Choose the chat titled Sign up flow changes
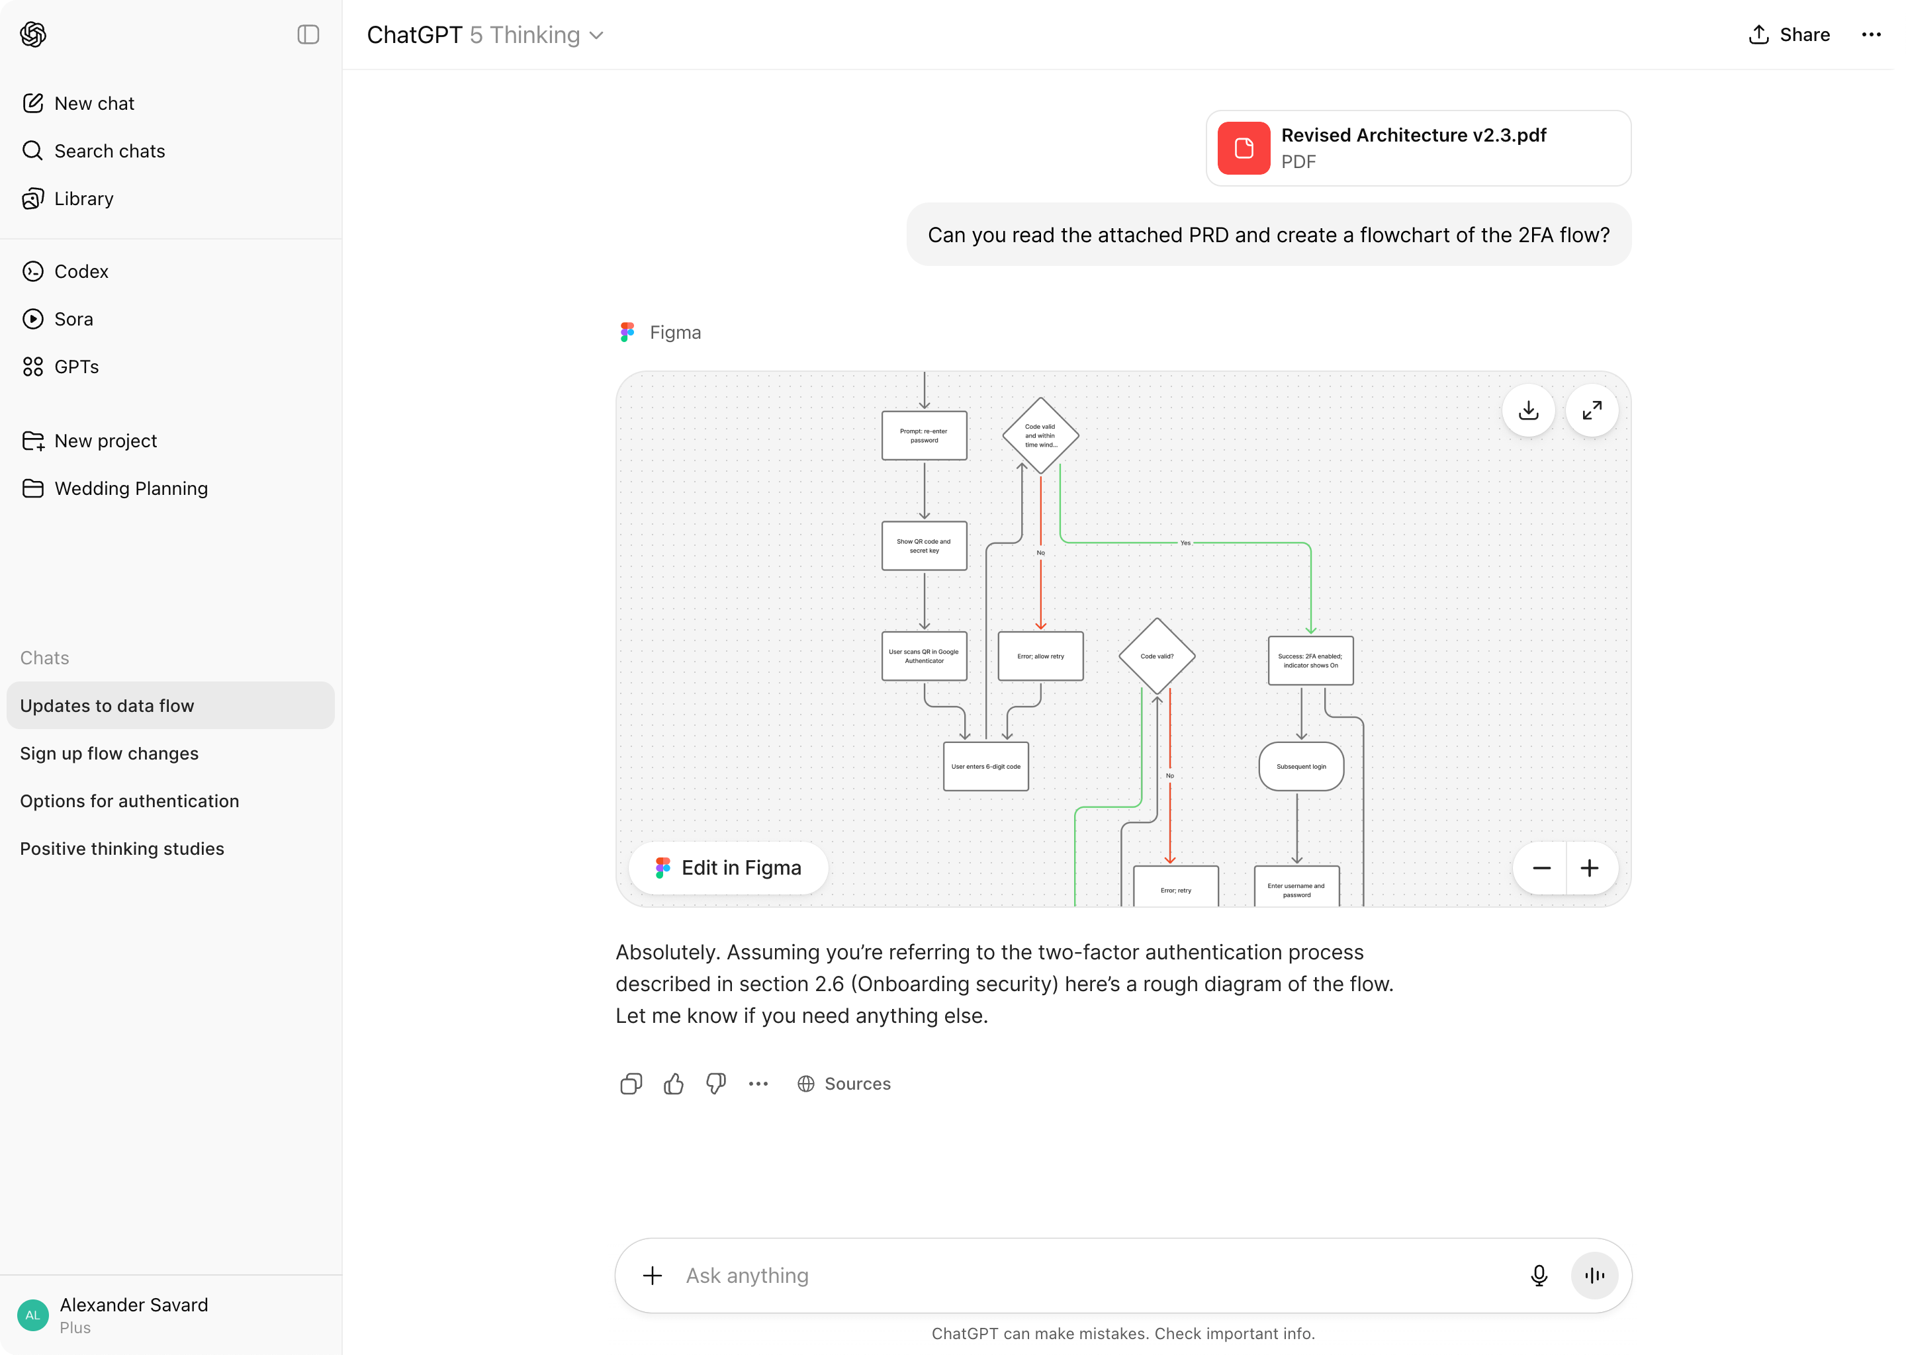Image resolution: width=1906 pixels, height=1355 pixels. coord(109,754)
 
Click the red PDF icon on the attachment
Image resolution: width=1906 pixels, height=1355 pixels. coord(1244,148)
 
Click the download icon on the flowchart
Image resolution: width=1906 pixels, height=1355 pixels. coord(1528,410)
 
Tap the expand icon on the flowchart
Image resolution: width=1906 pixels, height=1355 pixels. coord(1592,410)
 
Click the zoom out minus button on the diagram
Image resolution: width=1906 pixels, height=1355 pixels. coord(1541,869)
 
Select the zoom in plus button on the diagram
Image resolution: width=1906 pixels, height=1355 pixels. coord(1590,869)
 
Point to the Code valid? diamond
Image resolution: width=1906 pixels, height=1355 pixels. coord(1157,656)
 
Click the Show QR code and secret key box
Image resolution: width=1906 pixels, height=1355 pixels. coord(924,546)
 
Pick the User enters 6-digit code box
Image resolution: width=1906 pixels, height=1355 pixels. coord(985,767)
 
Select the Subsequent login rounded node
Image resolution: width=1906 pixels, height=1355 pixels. coord(1301,767)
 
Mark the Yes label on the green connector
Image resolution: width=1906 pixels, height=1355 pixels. coord(1185,543)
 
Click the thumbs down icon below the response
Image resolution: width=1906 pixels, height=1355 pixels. coord(716,1084)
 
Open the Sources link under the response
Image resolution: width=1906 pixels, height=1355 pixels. coord(844,1084)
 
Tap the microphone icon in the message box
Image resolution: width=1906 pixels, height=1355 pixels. coord(1539,1276)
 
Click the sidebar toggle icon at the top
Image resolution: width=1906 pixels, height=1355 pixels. coord(308,35)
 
